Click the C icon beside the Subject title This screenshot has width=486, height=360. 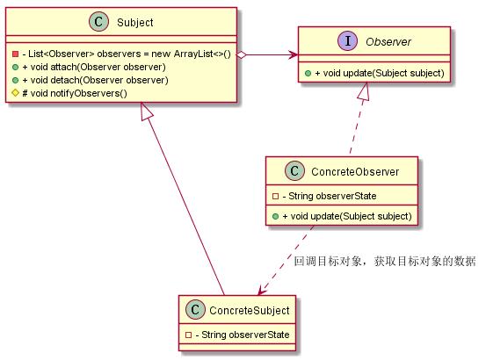[99, 22]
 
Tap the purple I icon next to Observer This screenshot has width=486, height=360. [347, 41]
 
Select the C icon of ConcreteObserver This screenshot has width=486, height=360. [294, 170]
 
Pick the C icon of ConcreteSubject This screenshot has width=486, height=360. [195, 309]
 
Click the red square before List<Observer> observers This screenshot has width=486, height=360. [15, 54]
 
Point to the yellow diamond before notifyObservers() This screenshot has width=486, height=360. [15, 92]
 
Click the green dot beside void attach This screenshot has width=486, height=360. [15, 68]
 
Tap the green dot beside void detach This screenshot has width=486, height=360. [15, 80]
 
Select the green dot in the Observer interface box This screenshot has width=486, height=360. [308, 74]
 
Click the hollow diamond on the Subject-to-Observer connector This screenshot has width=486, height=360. [242, 55]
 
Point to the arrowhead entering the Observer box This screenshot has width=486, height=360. [293, 55]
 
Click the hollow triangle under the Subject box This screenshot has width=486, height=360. [145, 112]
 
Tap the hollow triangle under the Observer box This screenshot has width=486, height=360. [364, 91]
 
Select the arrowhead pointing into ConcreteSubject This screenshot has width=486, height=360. [262, 291]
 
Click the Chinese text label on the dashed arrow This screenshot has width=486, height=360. [384, 262]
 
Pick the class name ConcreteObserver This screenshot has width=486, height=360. [355, 171]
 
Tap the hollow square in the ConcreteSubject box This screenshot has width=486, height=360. [188, 335]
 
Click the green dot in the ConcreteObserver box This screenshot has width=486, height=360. [275, 216]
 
